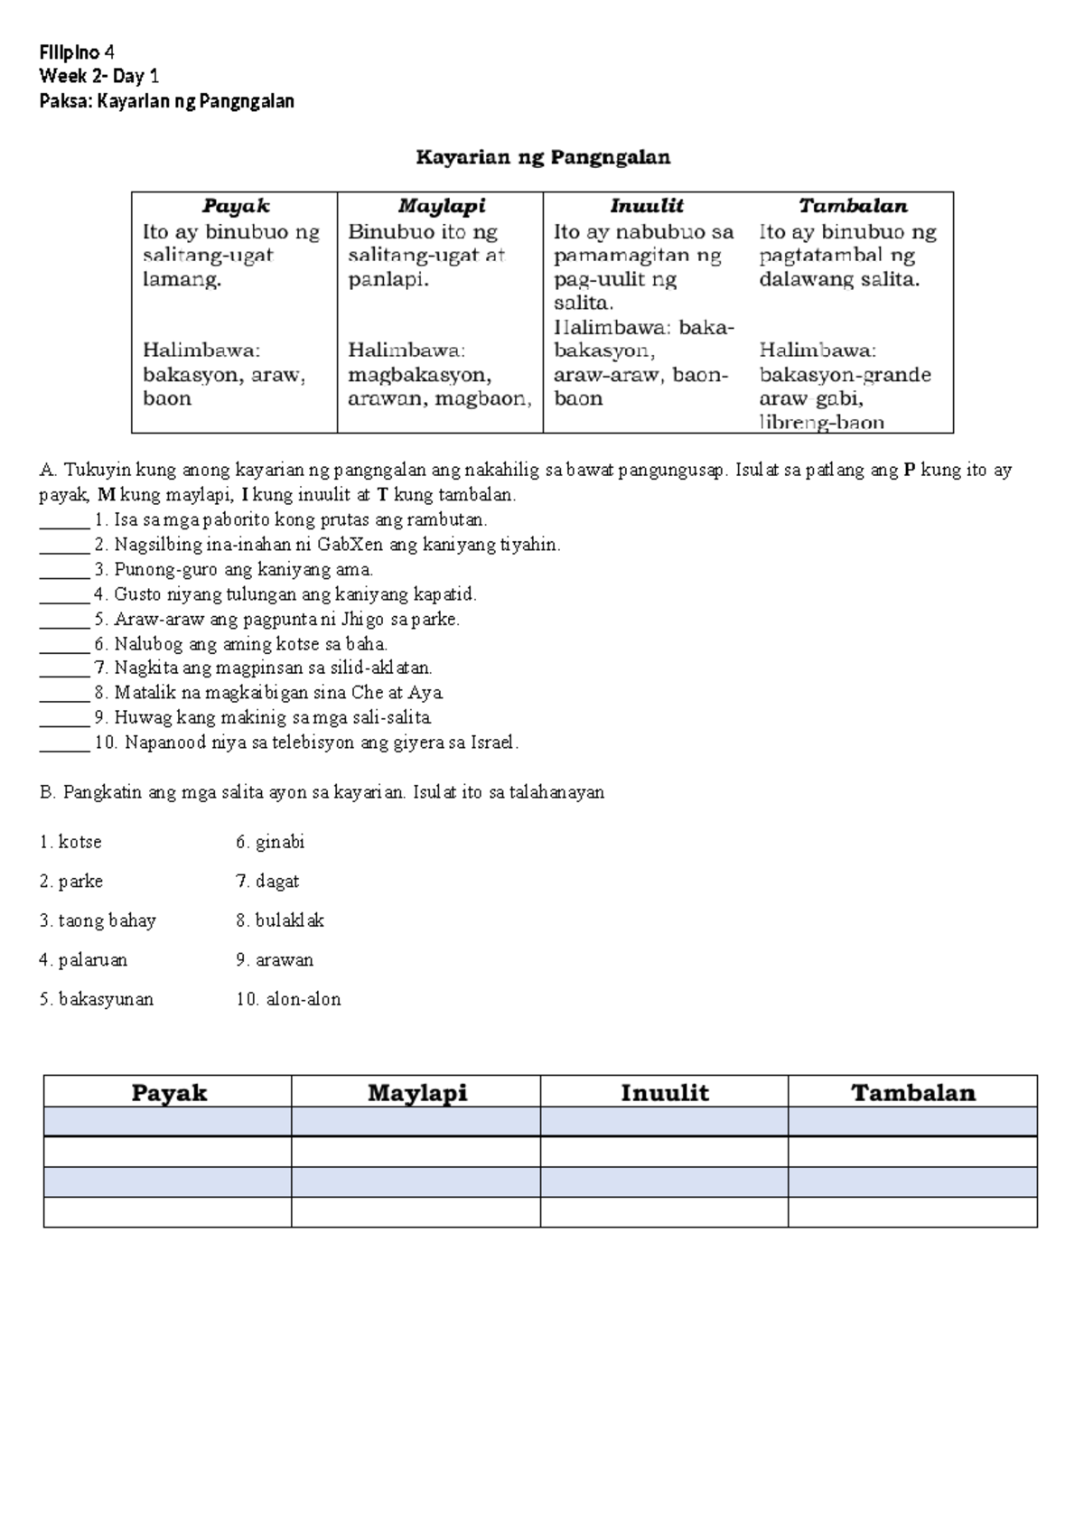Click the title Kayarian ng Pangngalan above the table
point(542,158)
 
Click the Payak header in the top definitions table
point(235,206)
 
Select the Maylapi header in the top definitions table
point(441,206)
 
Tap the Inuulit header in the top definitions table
point(646,206)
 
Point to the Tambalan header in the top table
point(852,206)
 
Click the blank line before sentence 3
point(63,571)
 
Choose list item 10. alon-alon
point(288,1000)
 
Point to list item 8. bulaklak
point(279,921)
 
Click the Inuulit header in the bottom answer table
point(664,1093)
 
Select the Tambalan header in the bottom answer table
point(912,1093)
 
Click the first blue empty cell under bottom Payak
point(167,1122)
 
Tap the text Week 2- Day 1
point(99,76)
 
